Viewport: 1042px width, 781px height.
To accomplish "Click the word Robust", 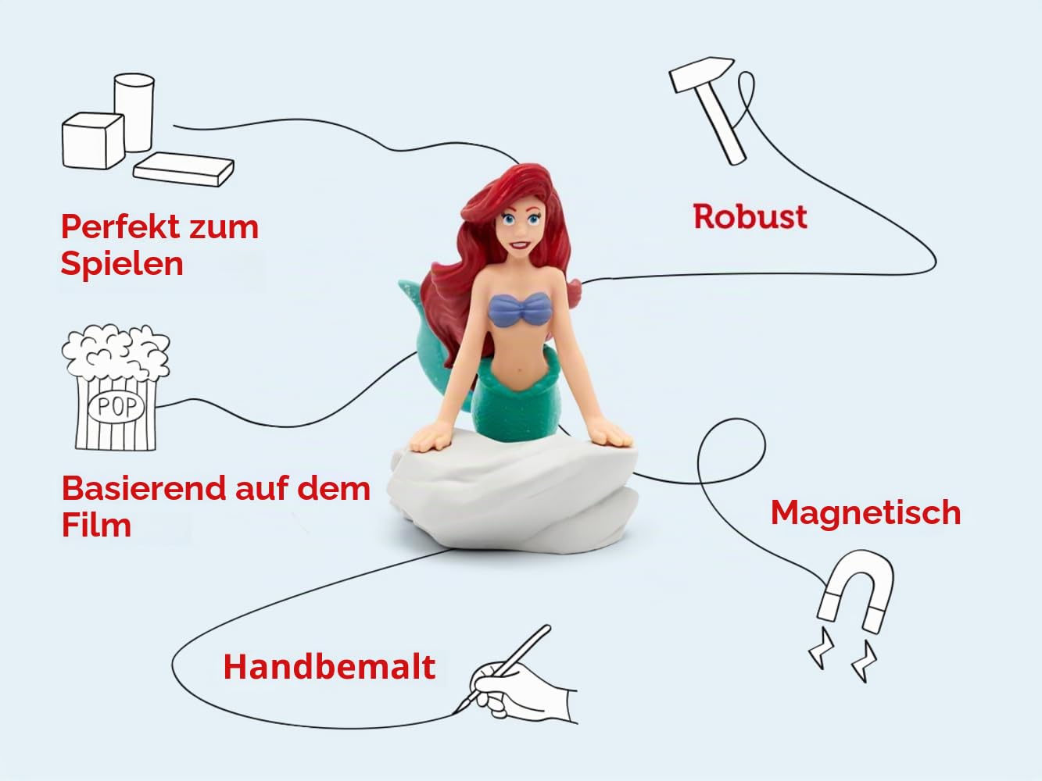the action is coord(750,217).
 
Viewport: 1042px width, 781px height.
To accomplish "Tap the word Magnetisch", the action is coord(865,513).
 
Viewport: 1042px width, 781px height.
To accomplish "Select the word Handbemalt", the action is coord(329,667).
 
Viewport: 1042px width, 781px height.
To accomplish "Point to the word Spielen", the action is coord(122,265).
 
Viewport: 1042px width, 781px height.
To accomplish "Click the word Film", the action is coord(96,526).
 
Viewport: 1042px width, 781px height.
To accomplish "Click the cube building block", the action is coord(93,141).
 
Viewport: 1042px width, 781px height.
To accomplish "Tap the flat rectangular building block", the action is coord(184,169).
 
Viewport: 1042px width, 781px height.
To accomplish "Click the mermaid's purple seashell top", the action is coord(520,310).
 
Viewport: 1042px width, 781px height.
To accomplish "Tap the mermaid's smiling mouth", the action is coord(519,246).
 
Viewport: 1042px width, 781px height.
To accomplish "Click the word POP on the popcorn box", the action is coord(116,407).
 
